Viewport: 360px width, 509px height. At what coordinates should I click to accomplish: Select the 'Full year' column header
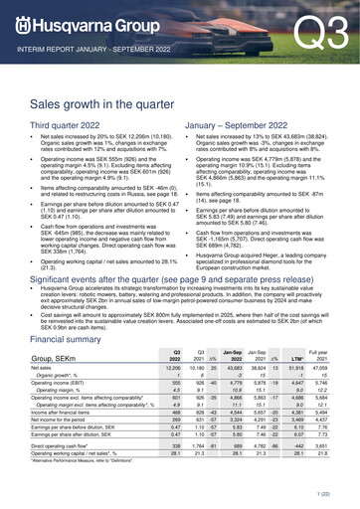(x=333, y=325)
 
